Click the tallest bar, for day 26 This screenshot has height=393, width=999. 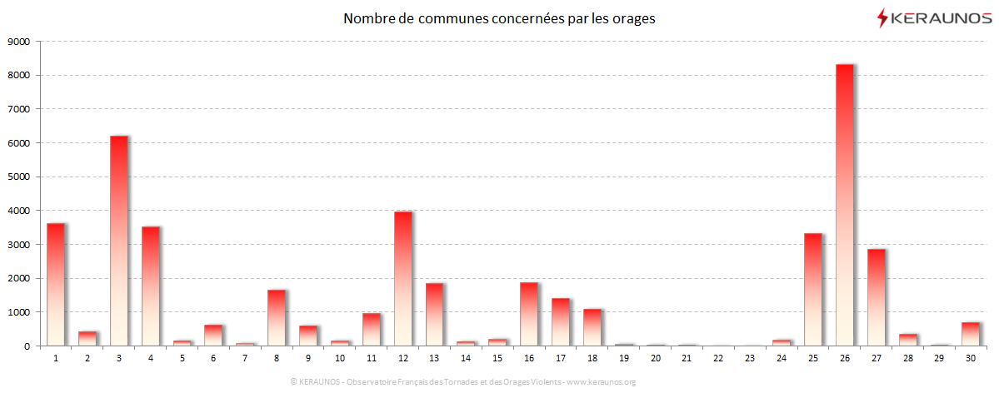click(844, 205)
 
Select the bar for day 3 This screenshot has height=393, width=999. click(118, 241)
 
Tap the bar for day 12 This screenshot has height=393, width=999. click(402, 278)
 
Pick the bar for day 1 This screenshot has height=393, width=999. click(55, 284)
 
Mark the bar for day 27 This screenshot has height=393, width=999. click(876, 297)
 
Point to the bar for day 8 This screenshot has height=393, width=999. click(276, 317)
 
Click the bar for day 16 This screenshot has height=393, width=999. click(528, 314)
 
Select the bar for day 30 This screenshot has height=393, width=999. click(971, 334)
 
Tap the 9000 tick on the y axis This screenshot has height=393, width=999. click(18, 41)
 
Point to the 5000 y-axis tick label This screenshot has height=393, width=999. click(18, 177)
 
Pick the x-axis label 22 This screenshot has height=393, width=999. click(717, 359)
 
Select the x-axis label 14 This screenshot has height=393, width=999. click(465, 359)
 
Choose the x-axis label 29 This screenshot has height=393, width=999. click(939, 359)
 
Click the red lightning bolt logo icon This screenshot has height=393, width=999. click(882, 17)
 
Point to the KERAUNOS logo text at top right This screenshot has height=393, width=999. click(942, 17)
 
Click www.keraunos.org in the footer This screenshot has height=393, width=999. click(601, 382)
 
